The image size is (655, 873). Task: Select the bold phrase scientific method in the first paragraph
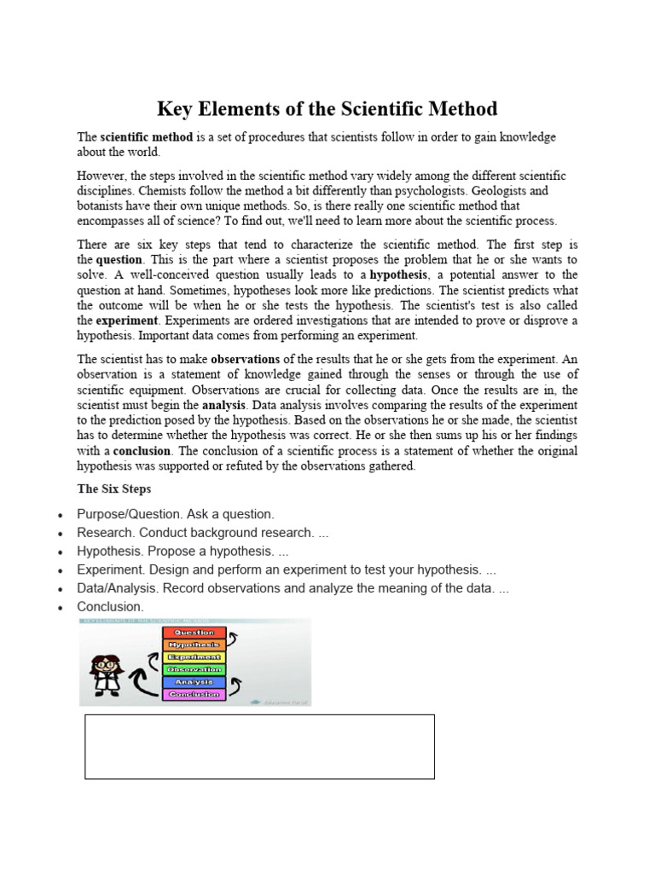point(146,137)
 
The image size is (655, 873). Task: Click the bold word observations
point(245,359)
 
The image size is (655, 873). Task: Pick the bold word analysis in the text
point(223,405)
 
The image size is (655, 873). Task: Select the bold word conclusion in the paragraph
point(142,451)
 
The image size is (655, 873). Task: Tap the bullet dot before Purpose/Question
point(58,516)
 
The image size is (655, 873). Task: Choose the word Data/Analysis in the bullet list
point(116,588)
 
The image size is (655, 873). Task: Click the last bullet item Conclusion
point(110,607)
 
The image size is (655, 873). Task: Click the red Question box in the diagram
point(194,633)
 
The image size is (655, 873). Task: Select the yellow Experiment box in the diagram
point(194,657)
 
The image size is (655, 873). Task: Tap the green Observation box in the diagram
point(194,669)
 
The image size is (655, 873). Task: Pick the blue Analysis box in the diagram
point(194,682)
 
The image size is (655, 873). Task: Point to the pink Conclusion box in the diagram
point(194,695)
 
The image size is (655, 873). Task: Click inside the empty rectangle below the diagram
point(259,747)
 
